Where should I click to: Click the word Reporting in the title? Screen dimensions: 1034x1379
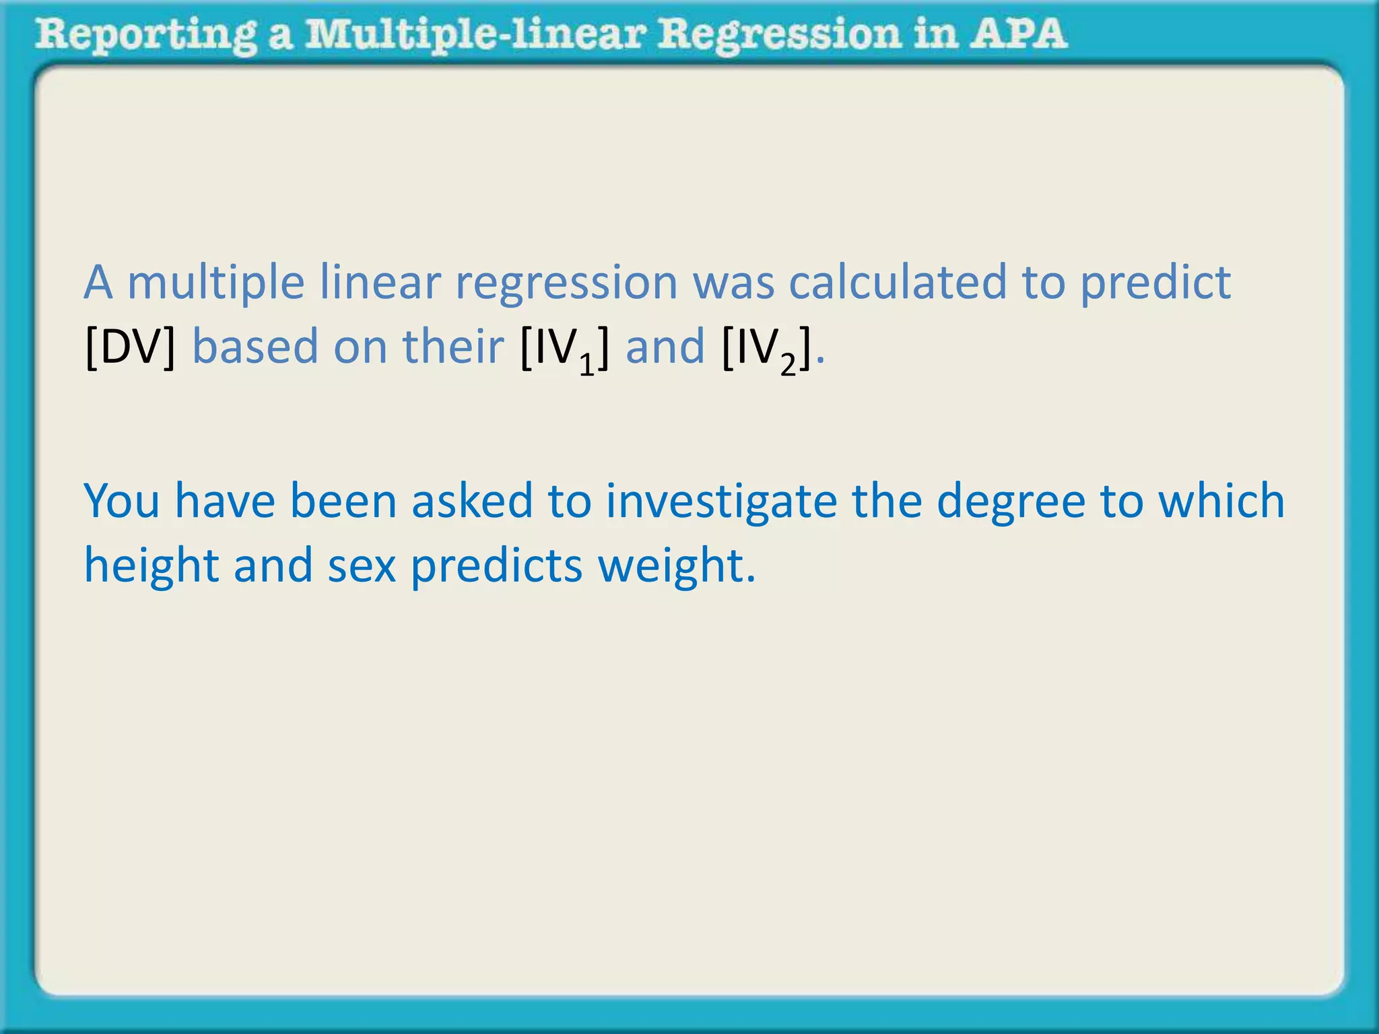[x=145, y=35]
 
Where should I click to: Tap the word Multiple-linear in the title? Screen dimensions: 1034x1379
[x=475, y=35]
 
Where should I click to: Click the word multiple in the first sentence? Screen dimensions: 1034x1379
[x=215, y=283]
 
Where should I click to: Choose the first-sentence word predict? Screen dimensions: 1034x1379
[x=1155, y=283]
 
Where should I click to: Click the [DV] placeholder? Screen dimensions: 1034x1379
[x=131, y=347]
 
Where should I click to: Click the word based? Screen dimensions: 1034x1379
[x=255, y=347]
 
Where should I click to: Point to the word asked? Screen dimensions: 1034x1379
[x=472, y=502]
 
